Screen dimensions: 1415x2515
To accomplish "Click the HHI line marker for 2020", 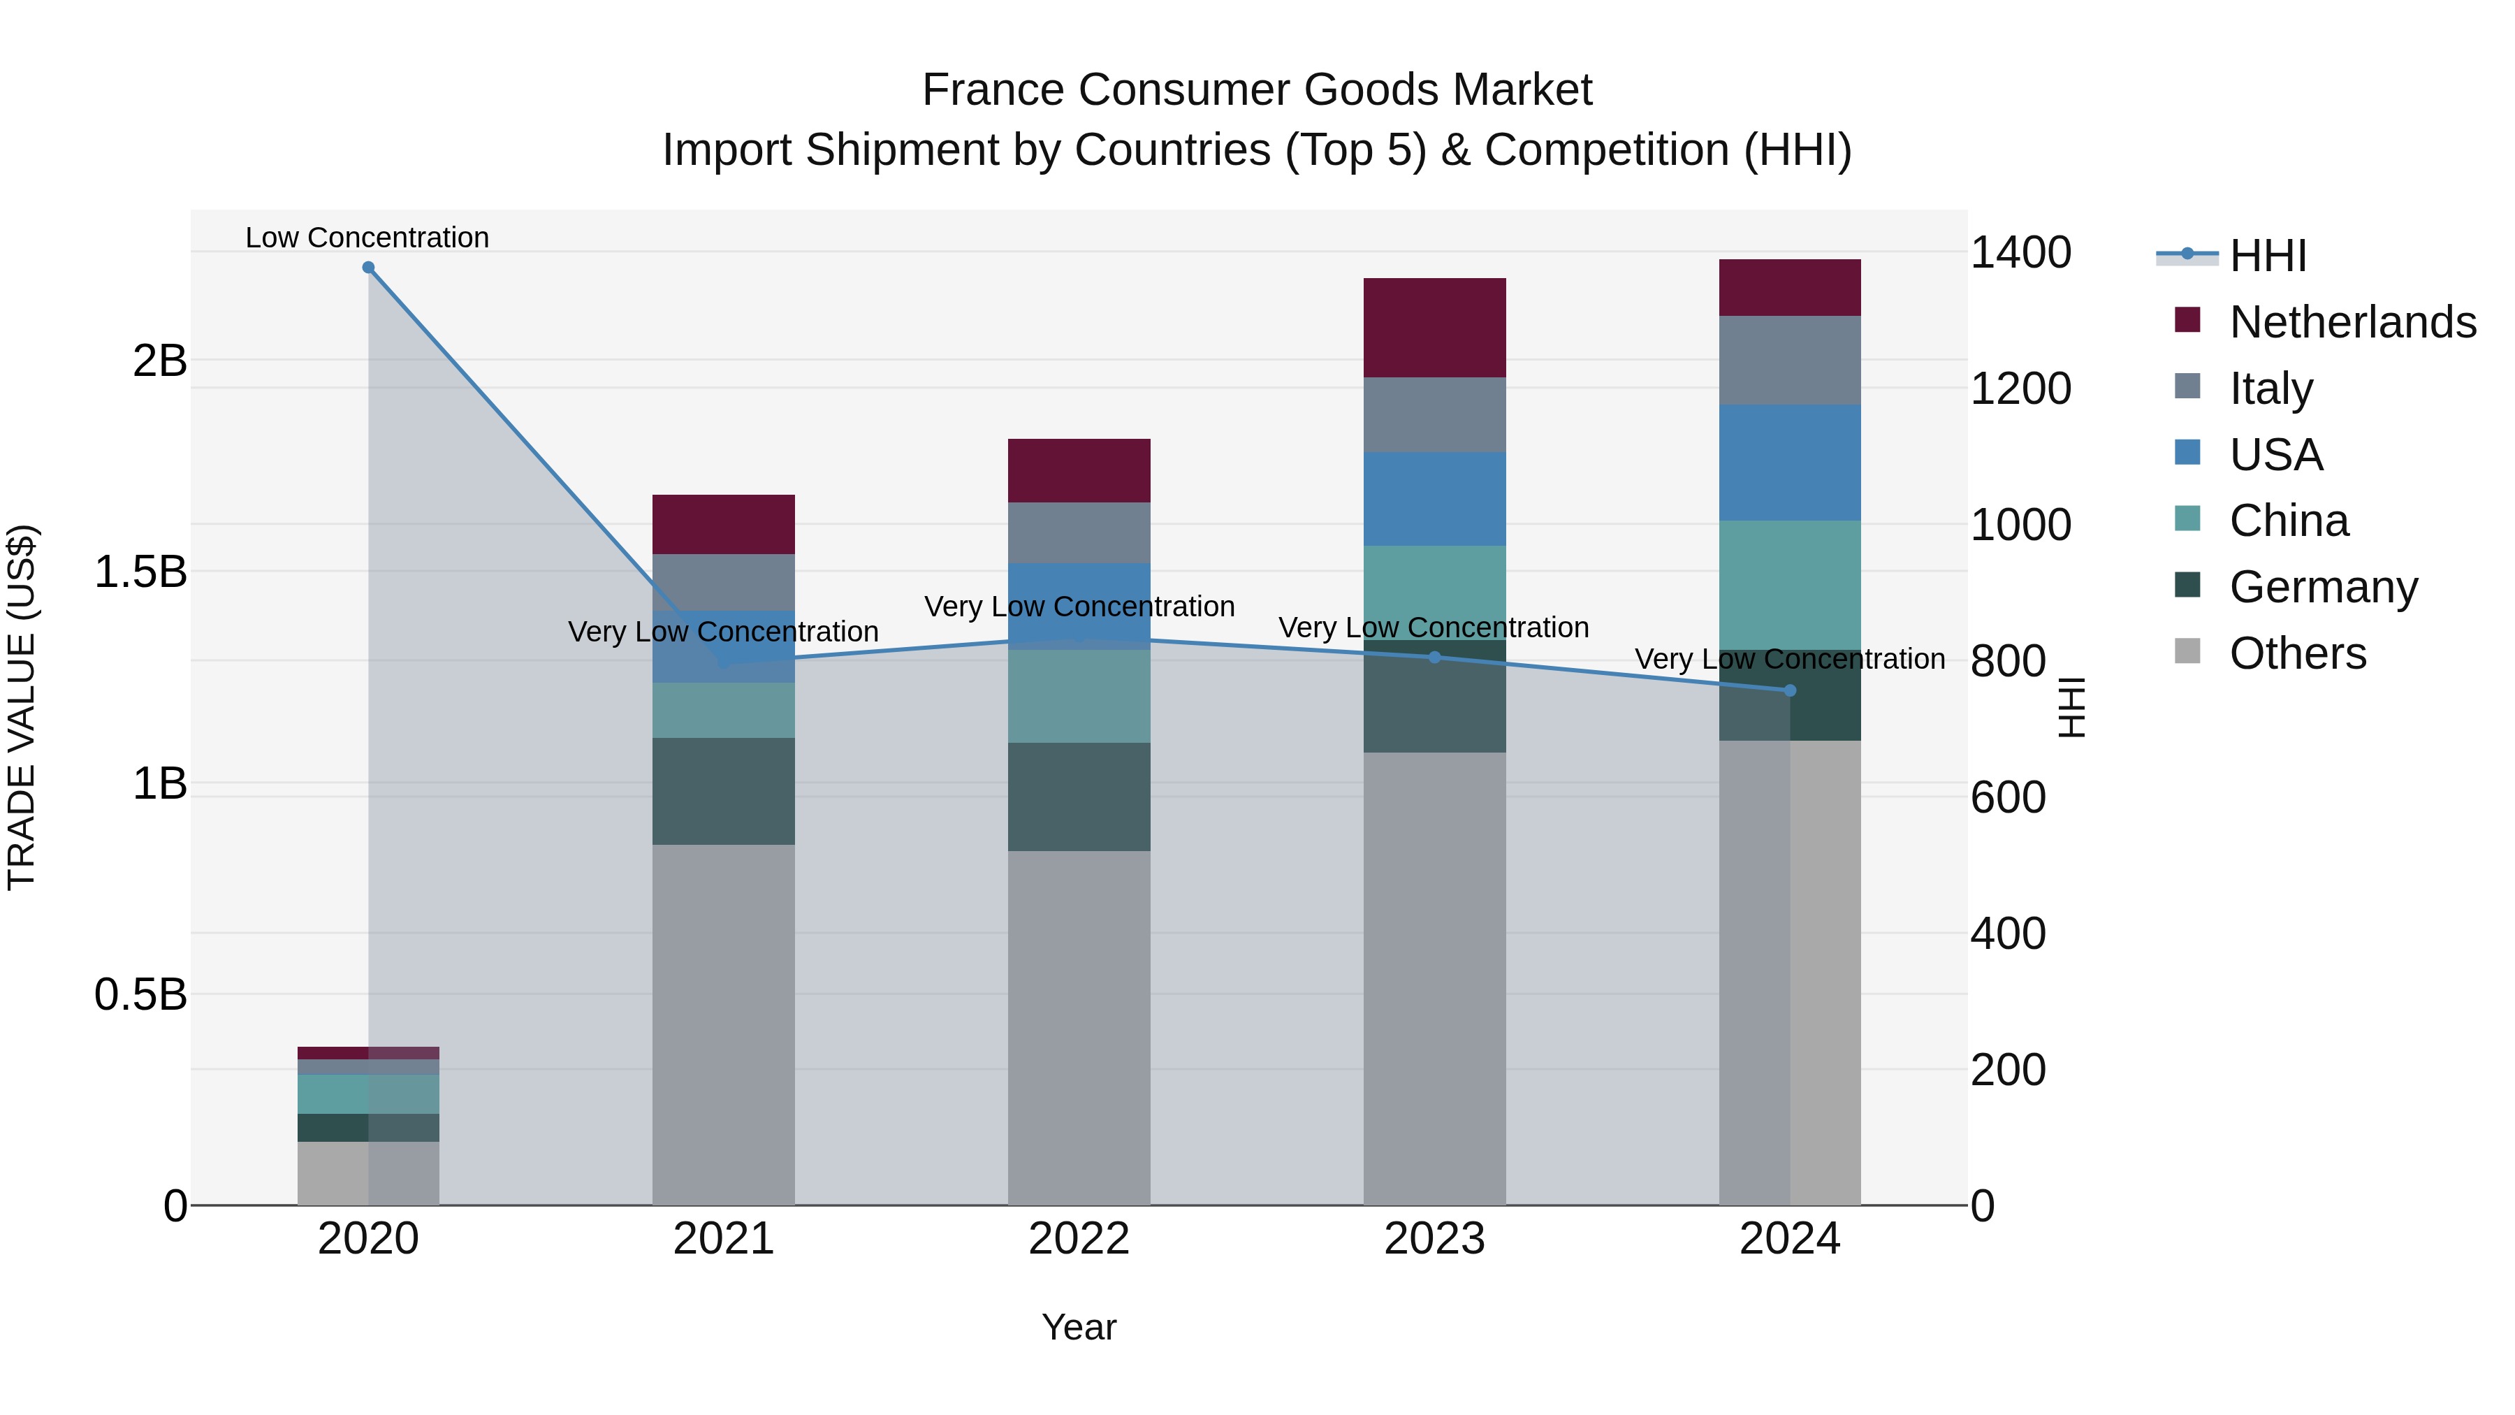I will pyautogui.click(x=368, y=268).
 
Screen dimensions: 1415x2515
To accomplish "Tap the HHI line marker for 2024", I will pyautogui.click(x=1790, y=690).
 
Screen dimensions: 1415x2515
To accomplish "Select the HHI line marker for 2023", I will pyautogui.click(x=1434, y=658).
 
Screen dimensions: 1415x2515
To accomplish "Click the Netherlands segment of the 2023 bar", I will pyautogui.click(x=1434, y=327).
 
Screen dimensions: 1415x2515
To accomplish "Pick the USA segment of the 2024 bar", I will pyautogui.click(x=1790, y=462).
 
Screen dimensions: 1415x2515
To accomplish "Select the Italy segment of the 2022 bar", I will pyautogui.click(x=1079, y=532).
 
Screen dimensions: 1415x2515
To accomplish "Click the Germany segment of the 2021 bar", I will pyautogui.click(x=724, y=791).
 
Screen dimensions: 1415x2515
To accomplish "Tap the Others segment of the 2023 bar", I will pyautogui.click(x=1434, y=977).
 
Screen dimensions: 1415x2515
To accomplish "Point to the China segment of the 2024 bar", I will pyautogui.click(x=1790, y=584).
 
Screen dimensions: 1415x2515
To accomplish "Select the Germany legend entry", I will pyautogui.click(x=2323, y=587).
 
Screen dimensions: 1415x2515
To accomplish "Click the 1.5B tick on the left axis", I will pyautogui.click(x=140, y=572).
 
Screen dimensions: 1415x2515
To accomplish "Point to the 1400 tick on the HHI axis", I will pyautogui.click(x=2020, y=253).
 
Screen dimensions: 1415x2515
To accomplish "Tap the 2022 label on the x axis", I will pyautogui.click(x=1079, y=1239).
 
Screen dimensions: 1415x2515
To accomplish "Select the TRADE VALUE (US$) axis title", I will pyautogui.click(x=22, y=707).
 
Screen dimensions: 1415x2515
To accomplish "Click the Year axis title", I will pyautogui.click(x=1079, y=1327).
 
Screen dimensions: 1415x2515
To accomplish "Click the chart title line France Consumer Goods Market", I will pyautogui.click(x=1257, y=90).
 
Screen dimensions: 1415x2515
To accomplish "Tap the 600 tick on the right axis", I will pyautogui.click(x=2007, y=798).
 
